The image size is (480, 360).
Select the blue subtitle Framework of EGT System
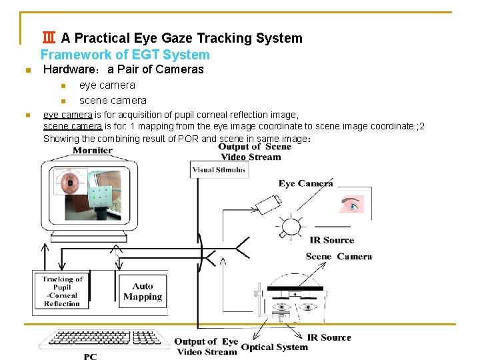click(x=125, y=55)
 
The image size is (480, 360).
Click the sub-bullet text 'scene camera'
click(x=113, y=101)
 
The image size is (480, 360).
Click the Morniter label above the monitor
click(x=92, y=150)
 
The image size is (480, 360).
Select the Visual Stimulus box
click(x=219, y=169)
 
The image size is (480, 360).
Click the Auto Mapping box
click(x=143, y=291)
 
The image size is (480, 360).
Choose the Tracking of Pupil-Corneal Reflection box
click(x=62, y=291)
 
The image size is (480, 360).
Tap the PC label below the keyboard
click(x=91, y=357)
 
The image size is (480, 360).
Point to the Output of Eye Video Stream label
click(x=206, y=346)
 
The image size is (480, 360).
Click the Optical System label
click(x=275, y=347)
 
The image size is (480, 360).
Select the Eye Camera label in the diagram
click(x=305, y=183)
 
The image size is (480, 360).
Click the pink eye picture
click(x=351, y=204)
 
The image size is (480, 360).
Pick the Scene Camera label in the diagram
click(x=339, y=257)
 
